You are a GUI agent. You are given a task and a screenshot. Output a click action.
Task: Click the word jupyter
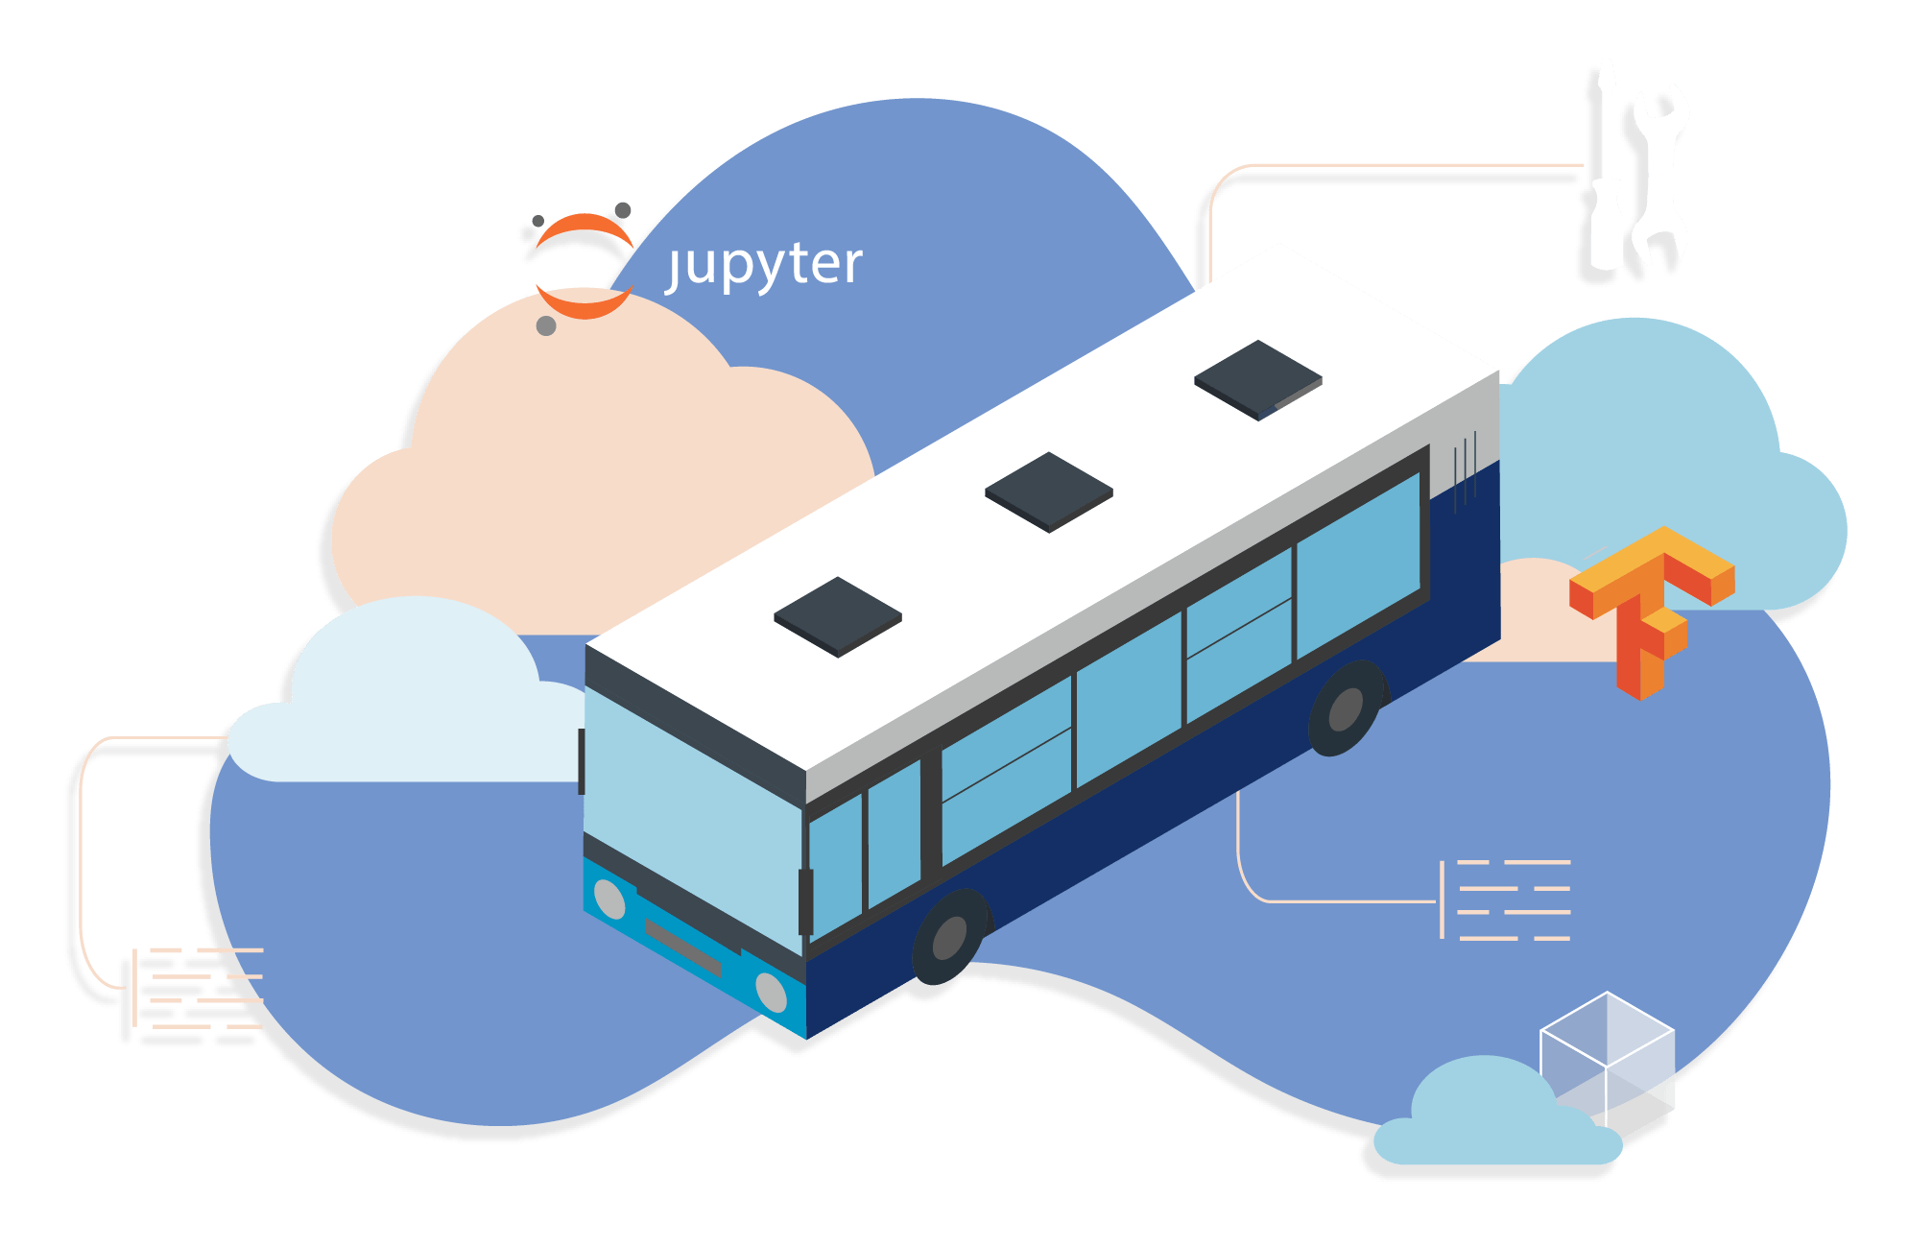pyautogui.click(x=766, y=265)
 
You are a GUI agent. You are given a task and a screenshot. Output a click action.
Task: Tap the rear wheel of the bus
pyautogui.click(x=1347, y=708)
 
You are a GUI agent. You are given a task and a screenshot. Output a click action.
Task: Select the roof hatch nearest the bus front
pyautogui.click(x=838, y=616)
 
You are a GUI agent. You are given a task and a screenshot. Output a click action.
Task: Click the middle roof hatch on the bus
pyautogui.click(x=1049, y=492)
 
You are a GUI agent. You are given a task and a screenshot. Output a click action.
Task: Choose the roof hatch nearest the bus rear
pyautogui.click(x=1258, y=379)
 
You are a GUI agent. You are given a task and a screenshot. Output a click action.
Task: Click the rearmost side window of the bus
pyautogui.click(x=1357, y=566)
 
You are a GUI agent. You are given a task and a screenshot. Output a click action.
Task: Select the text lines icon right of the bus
pyautogui.click(x=1507, y=899)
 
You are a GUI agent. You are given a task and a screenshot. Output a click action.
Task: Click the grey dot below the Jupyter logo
pyautogui.click(x=546, y=326)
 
